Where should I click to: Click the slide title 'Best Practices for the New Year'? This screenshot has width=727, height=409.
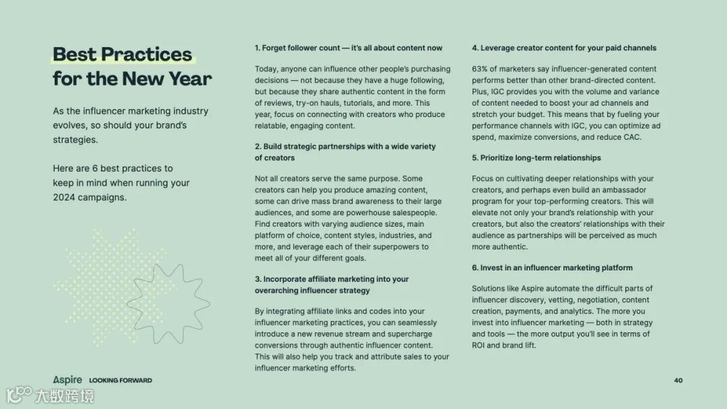[x=132, y=66]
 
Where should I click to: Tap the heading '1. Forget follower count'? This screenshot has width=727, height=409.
[x=348, y=48]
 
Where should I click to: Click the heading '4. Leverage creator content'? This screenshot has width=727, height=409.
[x=564, y=48]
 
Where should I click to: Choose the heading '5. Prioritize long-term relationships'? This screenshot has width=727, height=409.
[x=536, y=157]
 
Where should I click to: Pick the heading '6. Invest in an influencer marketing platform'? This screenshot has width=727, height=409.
[x=552, y=268]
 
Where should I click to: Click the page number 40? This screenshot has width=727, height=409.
[x=678, y=380]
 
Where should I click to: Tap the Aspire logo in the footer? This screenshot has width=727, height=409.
[x=67, y=380]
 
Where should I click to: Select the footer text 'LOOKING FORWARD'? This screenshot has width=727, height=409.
[x=120, y=381]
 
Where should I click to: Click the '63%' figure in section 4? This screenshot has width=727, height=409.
[x=479, y=69]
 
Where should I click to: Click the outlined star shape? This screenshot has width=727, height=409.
[x=168, y=303]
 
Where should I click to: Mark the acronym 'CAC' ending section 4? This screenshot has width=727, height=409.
[x=632, y=137]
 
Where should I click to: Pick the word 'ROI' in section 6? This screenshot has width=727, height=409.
[x=479, y=345]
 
